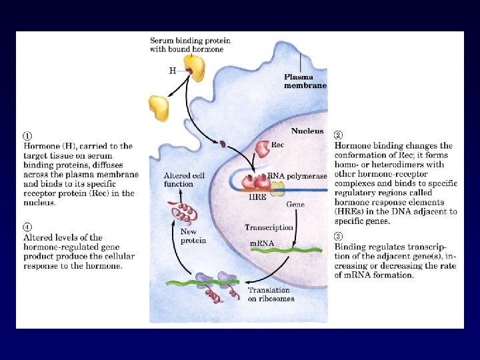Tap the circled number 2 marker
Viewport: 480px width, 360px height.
click(x=338, y=135)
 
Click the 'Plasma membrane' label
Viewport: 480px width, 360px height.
click(x=305, y=81)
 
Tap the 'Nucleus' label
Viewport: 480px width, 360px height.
click(x=307, y=131)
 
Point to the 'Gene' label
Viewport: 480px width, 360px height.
click(x=295, y=203)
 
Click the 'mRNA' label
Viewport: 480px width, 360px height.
click(x=262, y=244)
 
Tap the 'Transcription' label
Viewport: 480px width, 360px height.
click(x=269, y=227)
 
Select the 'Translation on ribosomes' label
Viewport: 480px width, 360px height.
click(x=269, y=294)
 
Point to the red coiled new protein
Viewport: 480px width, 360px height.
click(x=185, y=213)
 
